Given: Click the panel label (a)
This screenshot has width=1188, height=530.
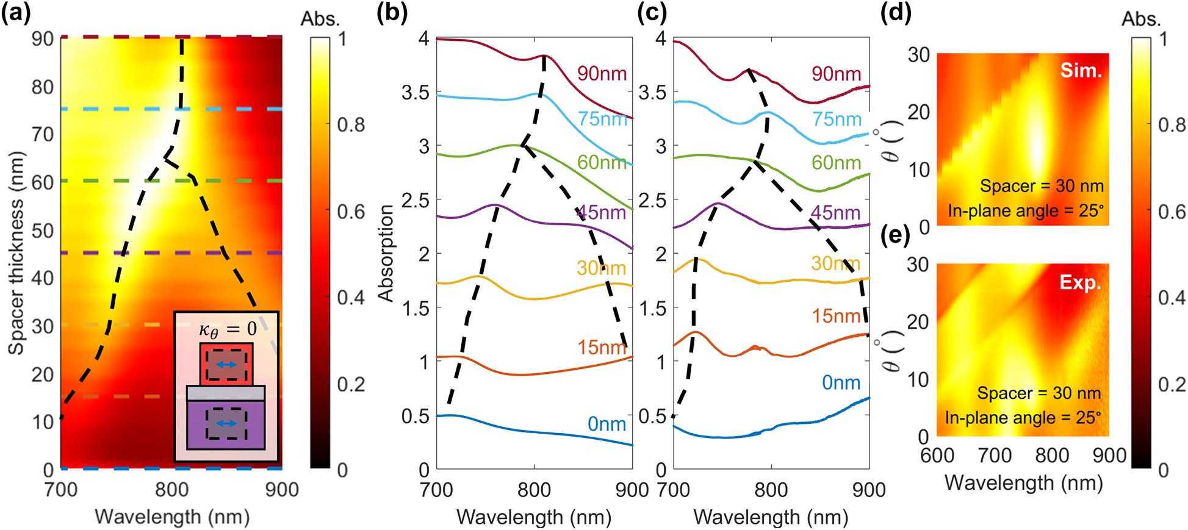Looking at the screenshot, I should [16, 13].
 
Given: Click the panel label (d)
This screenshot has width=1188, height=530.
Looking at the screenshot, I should [896, 13].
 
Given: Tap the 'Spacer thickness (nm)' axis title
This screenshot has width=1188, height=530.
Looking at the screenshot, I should [16, 252].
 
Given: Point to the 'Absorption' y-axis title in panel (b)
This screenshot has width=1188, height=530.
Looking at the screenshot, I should [386, 252].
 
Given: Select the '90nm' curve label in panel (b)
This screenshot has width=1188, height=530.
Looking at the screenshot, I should [602, 74].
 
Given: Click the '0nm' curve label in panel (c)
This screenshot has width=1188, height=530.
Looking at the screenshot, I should [841, 382].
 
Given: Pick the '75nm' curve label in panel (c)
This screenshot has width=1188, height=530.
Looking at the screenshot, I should [837, 120].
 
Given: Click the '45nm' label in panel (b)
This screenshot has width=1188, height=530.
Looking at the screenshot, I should [602, 212].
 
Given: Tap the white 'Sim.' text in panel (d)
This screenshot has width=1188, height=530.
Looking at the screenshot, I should [1081, 70].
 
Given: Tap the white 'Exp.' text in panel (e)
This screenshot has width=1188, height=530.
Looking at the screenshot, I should [1081, 283].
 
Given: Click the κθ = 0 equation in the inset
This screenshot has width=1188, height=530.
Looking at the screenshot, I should [228, 330].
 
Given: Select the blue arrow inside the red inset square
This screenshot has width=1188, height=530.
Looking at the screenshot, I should [226, 365].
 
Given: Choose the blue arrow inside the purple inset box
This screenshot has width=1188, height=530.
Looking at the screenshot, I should [226, 423].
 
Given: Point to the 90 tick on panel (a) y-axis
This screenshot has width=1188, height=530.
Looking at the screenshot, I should [43, 38].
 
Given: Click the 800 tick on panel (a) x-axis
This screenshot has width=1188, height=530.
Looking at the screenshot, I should [171, 490].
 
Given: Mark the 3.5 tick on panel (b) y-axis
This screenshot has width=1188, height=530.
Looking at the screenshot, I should [416, 93].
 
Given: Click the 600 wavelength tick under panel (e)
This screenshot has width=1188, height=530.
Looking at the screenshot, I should [937, 455].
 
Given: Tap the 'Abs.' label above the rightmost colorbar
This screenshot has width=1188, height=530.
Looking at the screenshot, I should [1141, 20].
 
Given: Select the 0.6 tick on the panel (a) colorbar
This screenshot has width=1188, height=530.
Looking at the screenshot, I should [351, 212].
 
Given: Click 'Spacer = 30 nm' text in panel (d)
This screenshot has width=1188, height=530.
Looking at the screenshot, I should [1042, 186].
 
